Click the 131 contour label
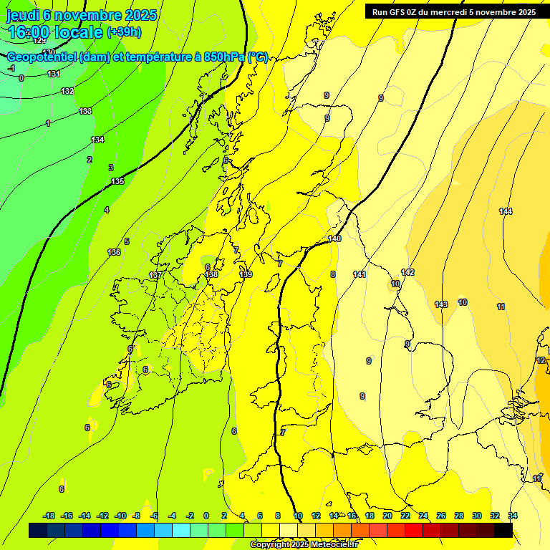click(x=54, y=74)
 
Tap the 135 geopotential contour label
click(x=117, y=181)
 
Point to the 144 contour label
click(x=506, y=211)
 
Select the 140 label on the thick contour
click(x=334, y=238)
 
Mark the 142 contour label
click(x=407, y=272)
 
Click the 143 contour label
click(x=441, y=304)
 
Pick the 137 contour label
click(x=155, y=275)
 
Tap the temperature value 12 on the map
click(x=541, y=360)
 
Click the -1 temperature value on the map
click(x=11, y=68)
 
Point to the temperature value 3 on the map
click(x=111, y=168)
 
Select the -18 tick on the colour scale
click(x=49, y=516)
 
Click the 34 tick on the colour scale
click(x=513, y=516)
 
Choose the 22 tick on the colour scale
click(x=405, y=516)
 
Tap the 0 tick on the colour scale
click(x=206, y=516)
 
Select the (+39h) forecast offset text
click(x=124, y=32)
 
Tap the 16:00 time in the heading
click(x=27, y=32)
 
